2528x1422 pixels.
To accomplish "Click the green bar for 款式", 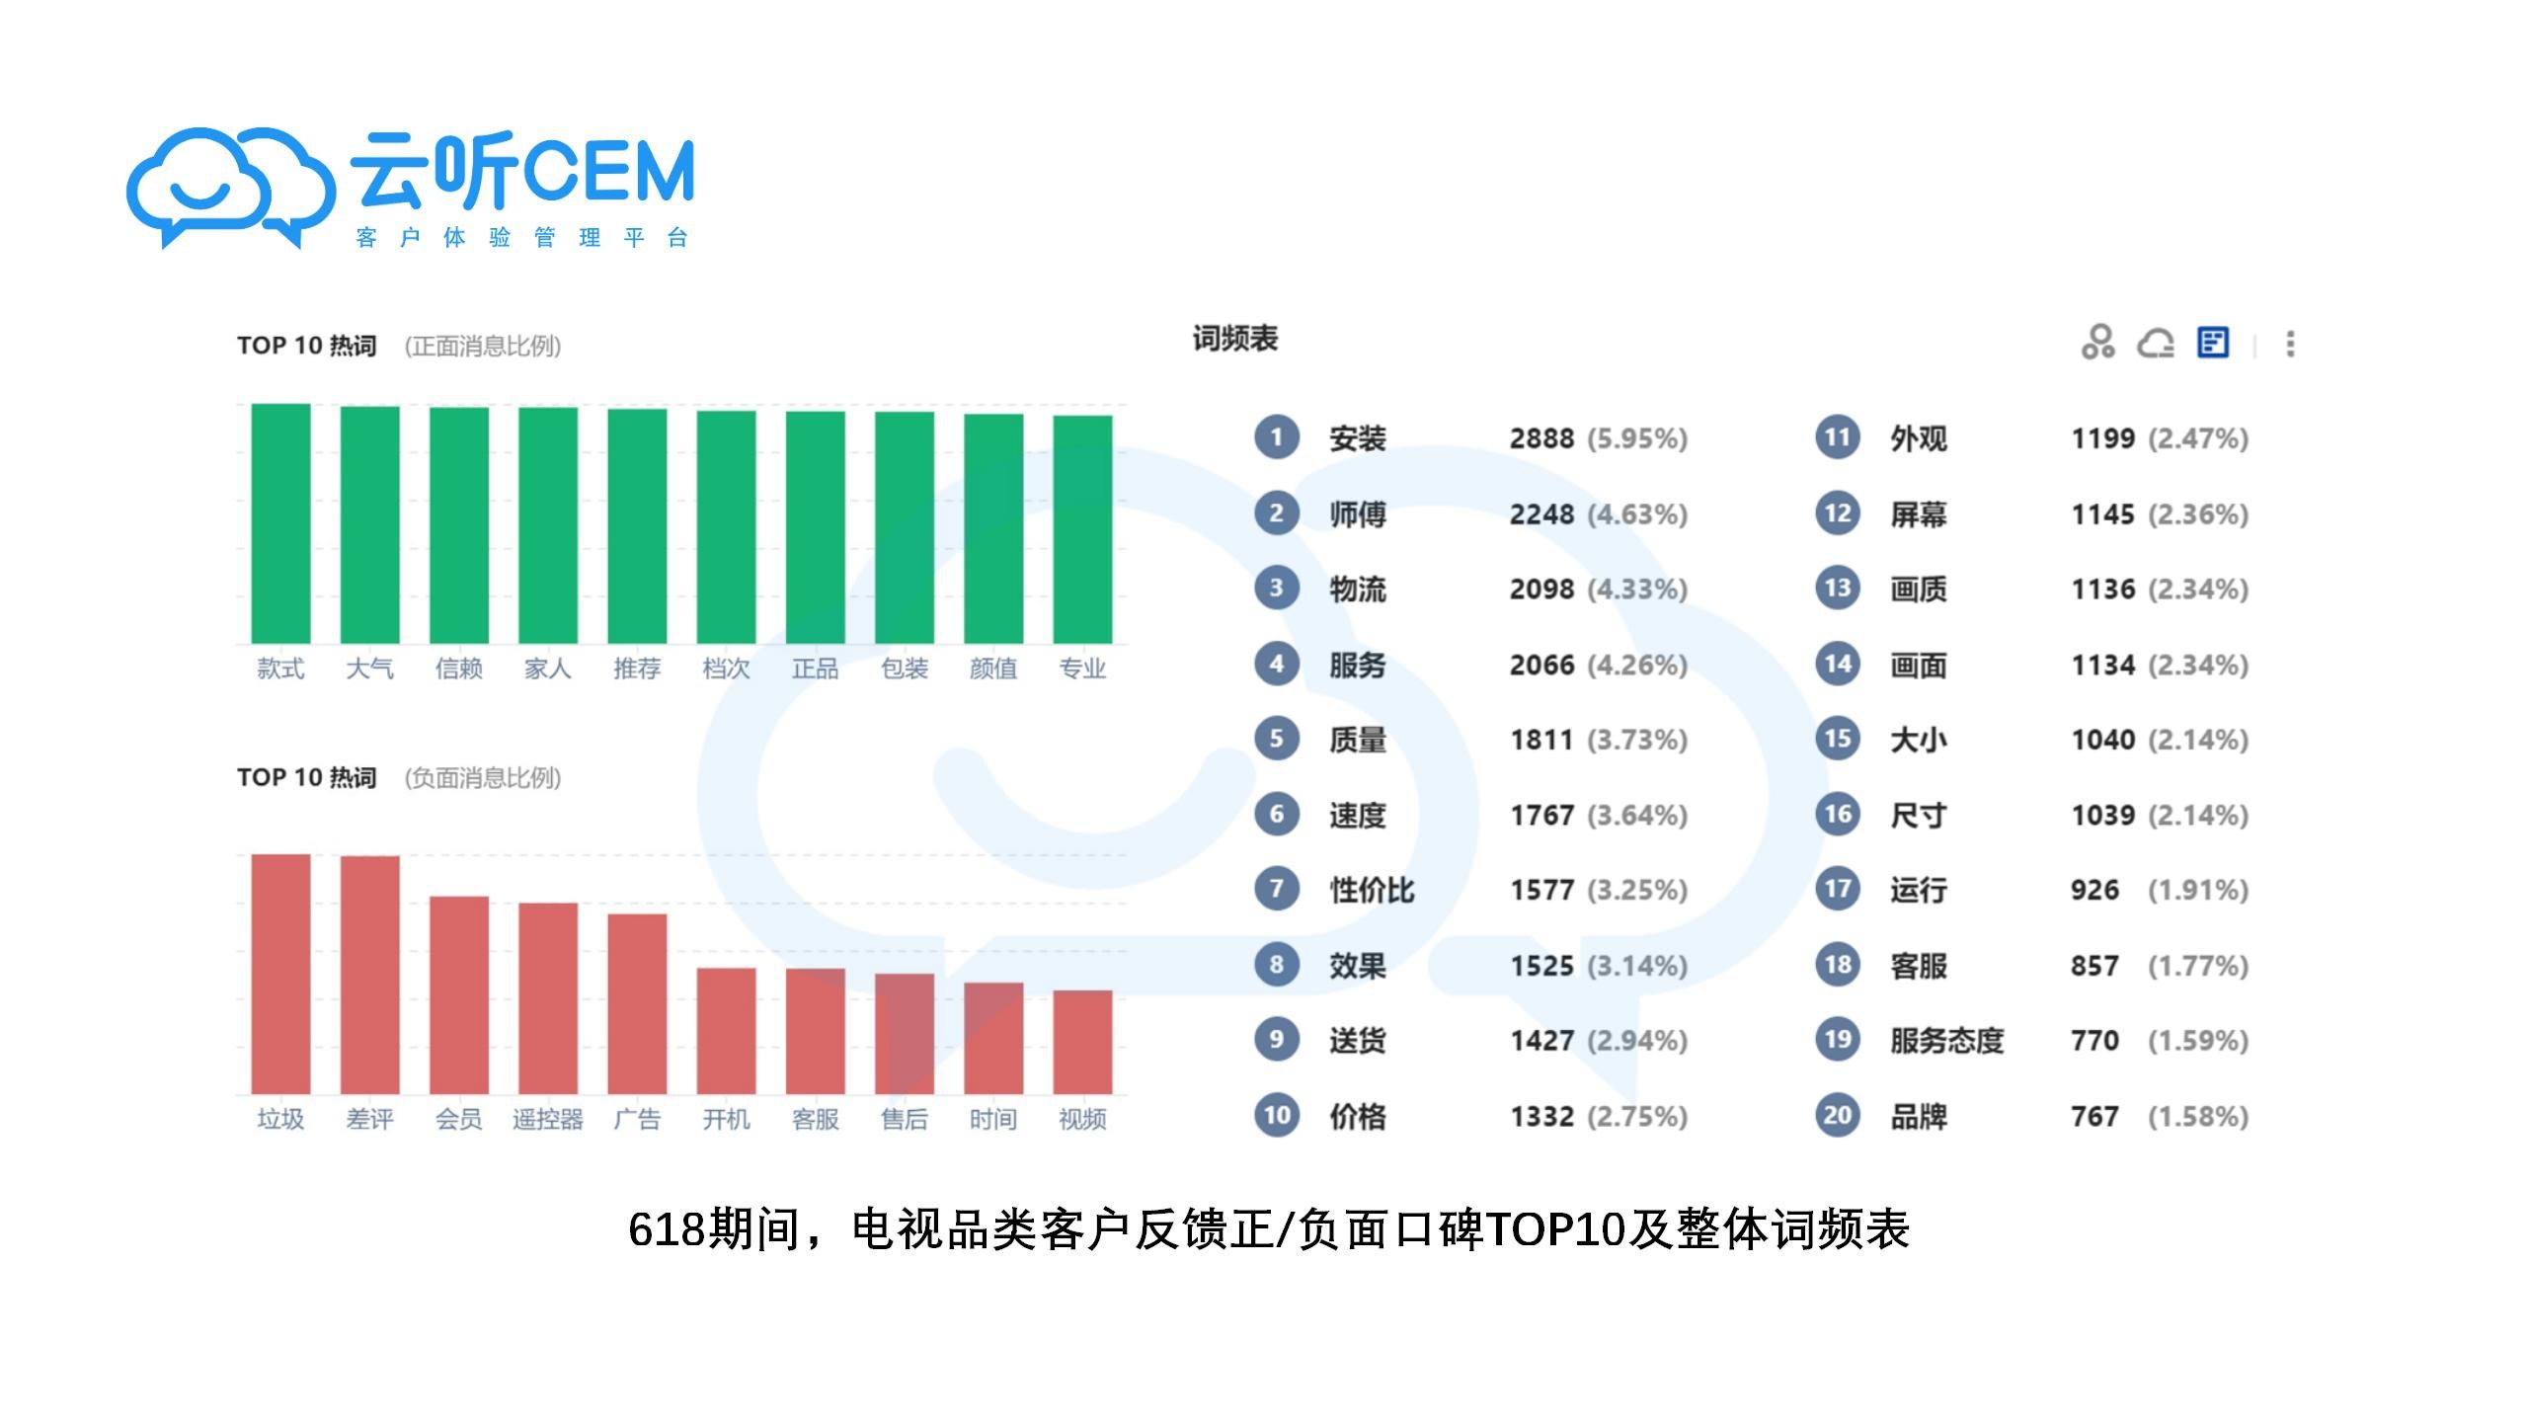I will coord(280,523).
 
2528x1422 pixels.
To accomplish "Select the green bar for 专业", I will coord(1082,529).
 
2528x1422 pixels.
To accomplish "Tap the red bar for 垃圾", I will coord(280,974).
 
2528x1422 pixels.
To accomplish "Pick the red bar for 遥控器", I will coord(548,997).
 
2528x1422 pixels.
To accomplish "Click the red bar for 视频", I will coord(1082,1042).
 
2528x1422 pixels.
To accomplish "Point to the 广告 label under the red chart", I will coord(637,1119).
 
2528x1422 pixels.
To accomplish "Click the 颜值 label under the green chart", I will coord(993,669).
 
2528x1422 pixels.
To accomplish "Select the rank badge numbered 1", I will coord(1276,437).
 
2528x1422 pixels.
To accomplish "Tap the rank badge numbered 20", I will coord(1837,1116).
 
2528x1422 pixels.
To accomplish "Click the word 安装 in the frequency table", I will coord(1358,438).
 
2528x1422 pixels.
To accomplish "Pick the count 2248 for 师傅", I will coord(1541,514).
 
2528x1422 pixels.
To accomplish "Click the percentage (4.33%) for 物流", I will coord(1637,590).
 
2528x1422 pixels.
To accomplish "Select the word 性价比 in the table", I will coord(1372,891).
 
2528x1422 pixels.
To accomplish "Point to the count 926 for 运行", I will coord(2094,891).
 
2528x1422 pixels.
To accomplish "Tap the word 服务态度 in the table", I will coord(1946,1041).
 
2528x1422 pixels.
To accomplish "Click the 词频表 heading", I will coord(1234,339).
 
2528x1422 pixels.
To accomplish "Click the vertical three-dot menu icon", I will coord(2290,344).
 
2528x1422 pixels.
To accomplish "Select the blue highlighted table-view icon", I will coord(2213,343).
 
